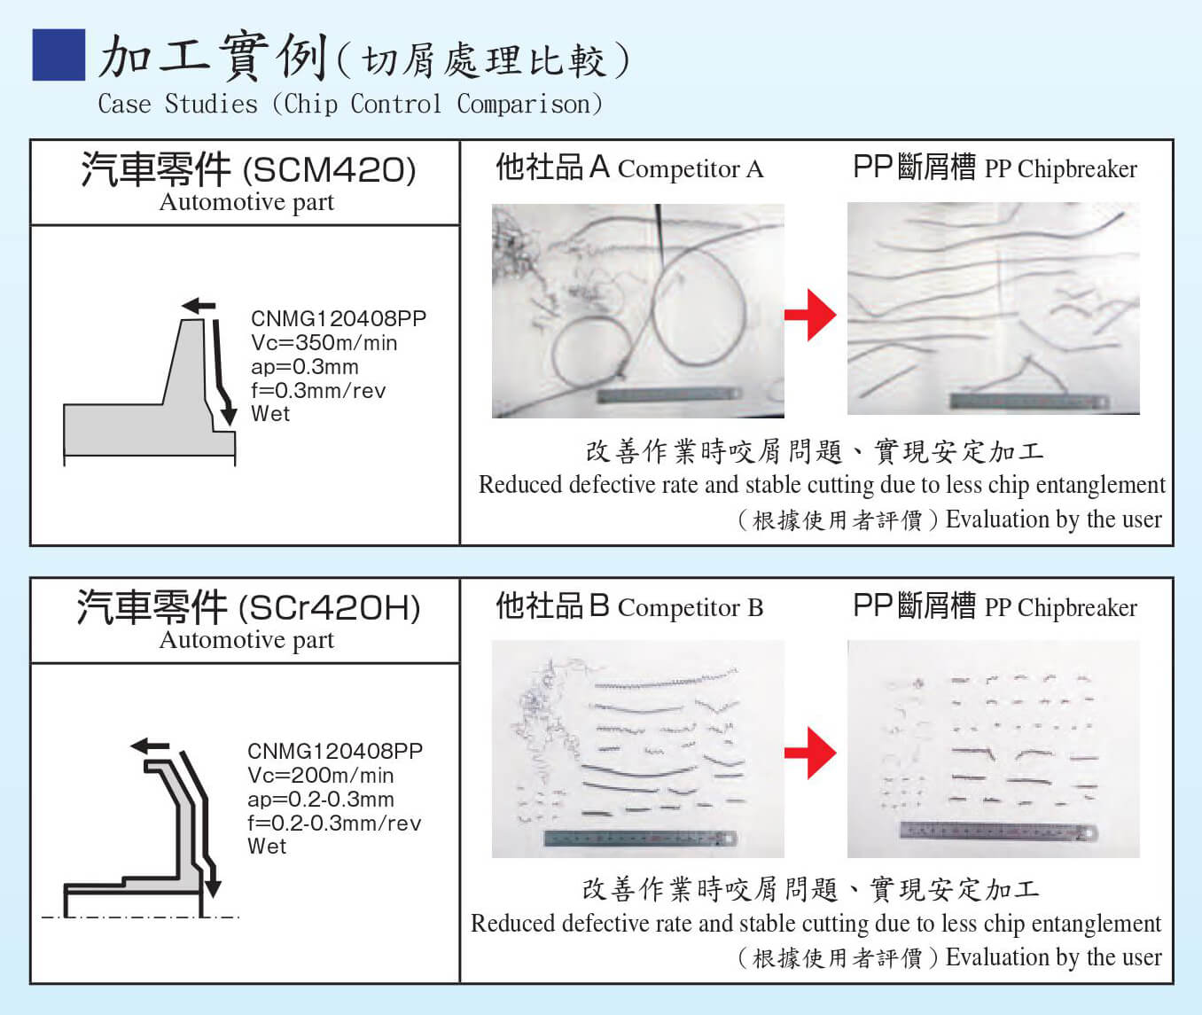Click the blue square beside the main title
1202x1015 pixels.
point(59,55)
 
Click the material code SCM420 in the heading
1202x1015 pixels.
point(329,169)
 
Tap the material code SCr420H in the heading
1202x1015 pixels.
point(330,608)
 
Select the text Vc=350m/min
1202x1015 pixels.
point(324,343)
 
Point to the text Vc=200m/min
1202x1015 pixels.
point(321,776)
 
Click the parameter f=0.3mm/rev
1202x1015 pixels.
point(318,391)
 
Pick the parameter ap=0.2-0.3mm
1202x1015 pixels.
point(321,799)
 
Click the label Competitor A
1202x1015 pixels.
point(690,168)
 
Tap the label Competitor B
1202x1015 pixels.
point(690,607)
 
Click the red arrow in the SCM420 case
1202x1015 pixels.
point(810,314)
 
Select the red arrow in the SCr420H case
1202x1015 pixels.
point(810,753)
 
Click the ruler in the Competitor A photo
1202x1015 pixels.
point(669,395)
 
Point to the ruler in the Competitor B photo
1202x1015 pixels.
point(639,838)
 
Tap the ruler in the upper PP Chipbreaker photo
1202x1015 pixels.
point(1028,401)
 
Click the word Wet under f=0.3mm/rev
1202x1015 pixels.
point(270,414)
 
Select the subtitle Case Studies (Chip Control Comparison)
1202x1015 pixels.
point(350,104)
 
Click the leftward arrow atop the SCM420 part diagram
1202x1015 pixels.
point(199,307)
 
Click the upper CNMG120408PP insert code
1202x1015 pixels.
point(339,318)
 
